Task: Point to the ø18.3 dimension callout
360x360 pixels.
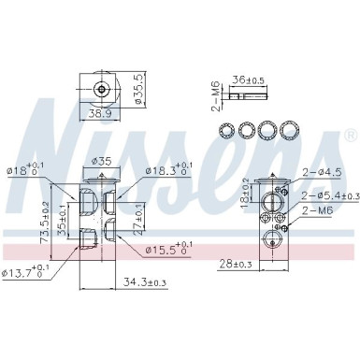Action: (167, 170)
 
